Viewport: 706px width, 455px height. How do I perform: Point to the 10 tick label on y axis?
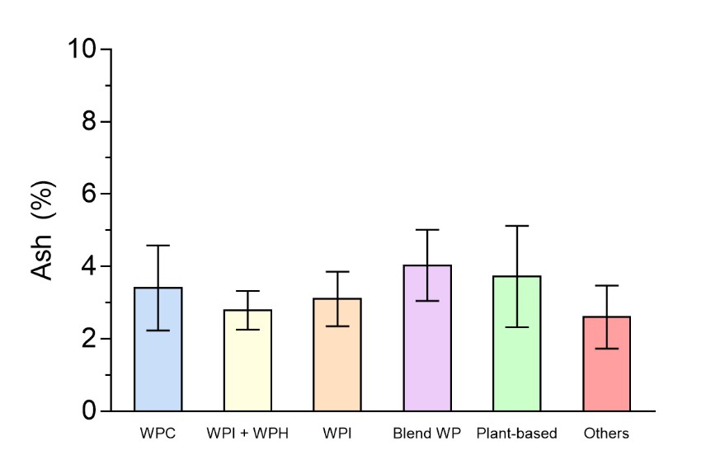[x=83, y=49]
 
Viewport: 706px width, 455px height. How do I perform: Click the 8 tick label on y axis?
[x=91, y=122]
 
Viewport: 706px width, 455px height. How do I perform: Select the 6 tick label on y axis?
[x=91, y=195]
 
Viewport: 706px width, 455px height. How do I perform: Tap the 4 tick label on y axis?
[x=91, y=267]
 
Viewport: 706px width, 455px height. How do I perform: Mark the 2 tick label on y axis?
[x=91, y=339]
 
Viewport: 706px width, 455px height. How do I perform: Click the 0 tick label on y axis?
[x=91, y=411]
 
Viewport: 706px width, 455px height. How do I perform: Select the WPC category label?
[x=158, y=434]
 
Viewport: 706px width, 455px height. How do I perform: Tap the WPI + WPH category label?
[x=248, y=434]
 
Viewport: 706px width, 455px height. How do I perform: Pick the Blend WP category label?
[x=427, y=434]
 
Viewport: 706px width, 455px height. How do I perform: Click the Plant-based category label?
[x=517, y=434]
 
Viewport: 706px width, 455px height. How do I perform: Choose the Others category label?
[x=607, y=434]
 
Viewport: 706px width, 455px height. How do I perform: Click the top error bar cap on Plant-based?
[x=517, y=226]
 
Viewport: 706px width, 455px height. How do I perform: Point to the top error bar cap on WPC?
[x=158, y=246]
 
